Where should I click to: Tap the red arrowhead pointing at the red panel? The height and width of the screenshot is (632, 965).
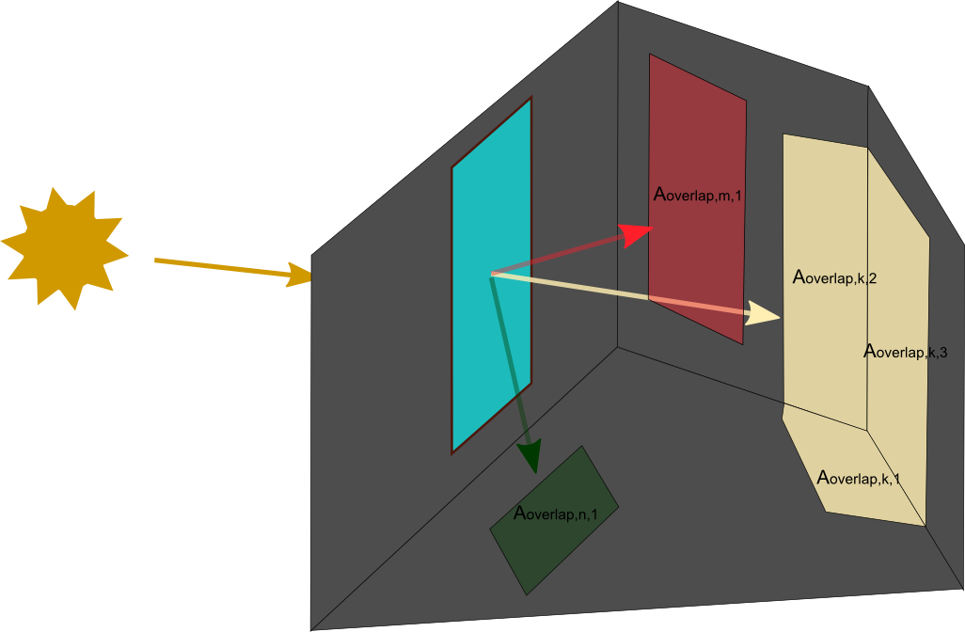639,232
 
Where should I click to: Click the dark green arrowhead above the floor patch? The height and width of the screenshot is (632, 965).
531,455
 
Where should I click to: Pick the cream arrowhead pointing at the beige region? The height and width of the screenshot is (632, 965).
764,314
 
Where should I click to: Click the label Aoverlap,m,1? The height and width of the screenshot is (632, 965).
698,196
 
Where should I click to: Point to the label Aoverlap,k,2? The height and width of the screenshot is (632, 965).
835,278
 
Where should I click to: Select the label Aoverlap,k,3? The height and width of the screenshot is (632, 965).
905,353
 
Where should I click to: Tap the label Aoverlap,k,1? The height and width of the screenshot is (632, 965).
858,479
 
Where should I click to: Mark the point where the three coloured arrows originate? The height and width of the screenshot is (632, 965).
492,275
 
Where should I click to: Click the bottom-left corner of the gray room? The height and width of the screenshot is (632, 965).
312,628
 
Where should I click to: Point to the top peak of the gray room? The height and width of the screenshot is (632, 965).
618,3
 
